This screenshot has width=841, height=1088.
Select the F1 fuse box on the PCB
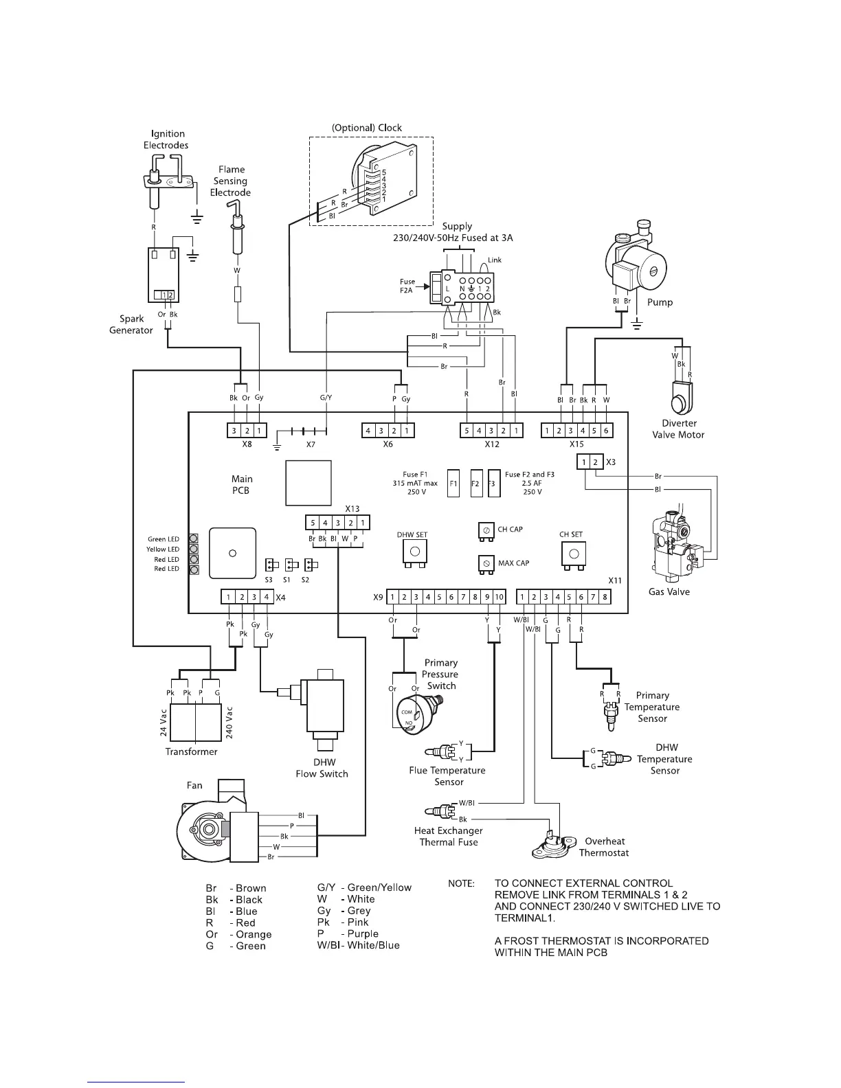(x=453, y=483)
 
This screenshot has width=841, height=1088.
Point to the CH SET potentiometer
(x=573, y=552)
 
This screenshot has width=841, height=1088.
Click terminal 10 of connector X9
(x=500, y=598)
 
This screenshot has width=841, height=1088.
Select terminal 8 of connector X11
(x=605, y=598)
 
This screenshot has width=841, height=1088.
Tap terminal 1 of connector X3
(x=584, y=462)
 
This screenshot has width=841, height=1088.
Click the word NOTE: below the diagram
(x=461, y=883)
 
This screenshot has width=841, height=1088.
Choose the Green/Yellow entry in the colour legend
(x=360, y=887)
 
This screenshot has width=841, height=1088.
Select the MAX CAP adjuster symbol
(x=486, y=564)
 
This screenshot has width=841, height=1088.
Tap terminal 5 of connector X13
(x=313, y=523)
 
